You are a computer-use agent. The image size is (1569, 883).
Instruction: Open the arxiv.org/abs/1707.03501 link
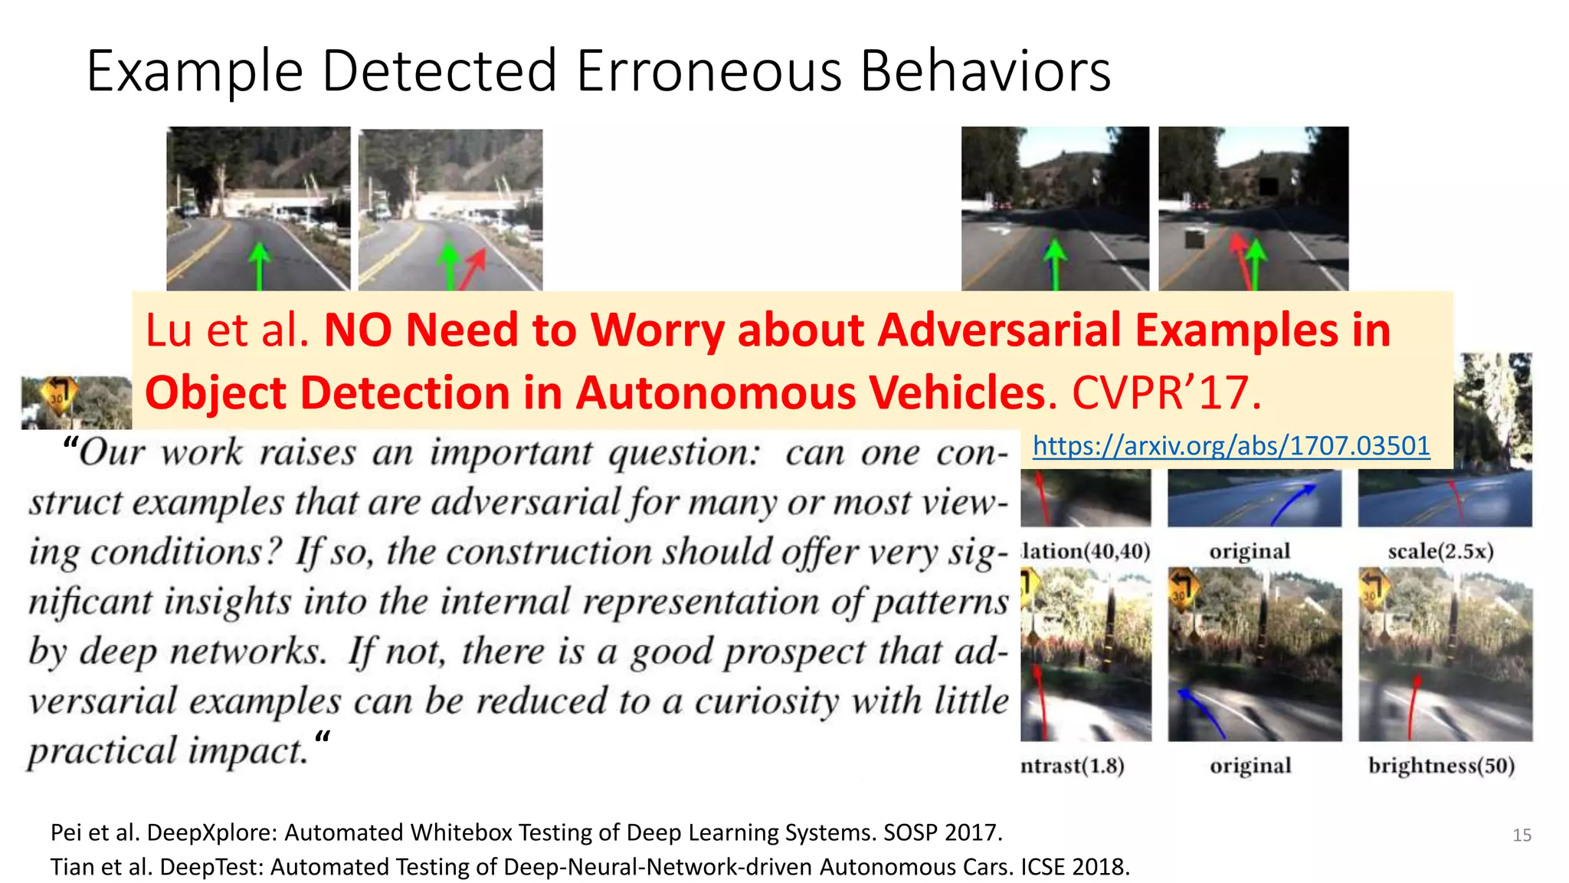[x=1230, y=445]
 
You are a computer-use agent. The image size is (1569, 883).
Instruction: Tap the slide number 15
[x=1522, y=835]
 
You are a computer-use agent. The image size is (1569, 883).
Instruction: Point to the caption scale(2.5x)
[x=1440, y=551]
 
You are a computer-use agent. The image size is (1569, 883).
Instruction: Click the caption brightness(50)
[x=1441, y=766]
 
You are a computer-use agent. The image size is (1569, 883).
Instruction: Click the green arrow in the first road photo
[x=260, y=264]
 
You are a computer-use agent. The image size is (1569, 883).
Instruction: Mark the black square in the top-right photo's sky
[x=1269, y=185]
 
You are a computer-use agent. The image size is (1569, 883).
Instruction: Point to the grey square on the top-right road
[x=1194, y=240]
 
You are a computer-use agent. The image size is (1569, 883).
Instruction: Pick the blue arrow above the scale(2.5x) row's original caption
[x=1295, y=501]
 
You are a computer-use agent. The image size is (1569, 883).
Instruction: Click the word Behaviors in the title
[x=985, y=71]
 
